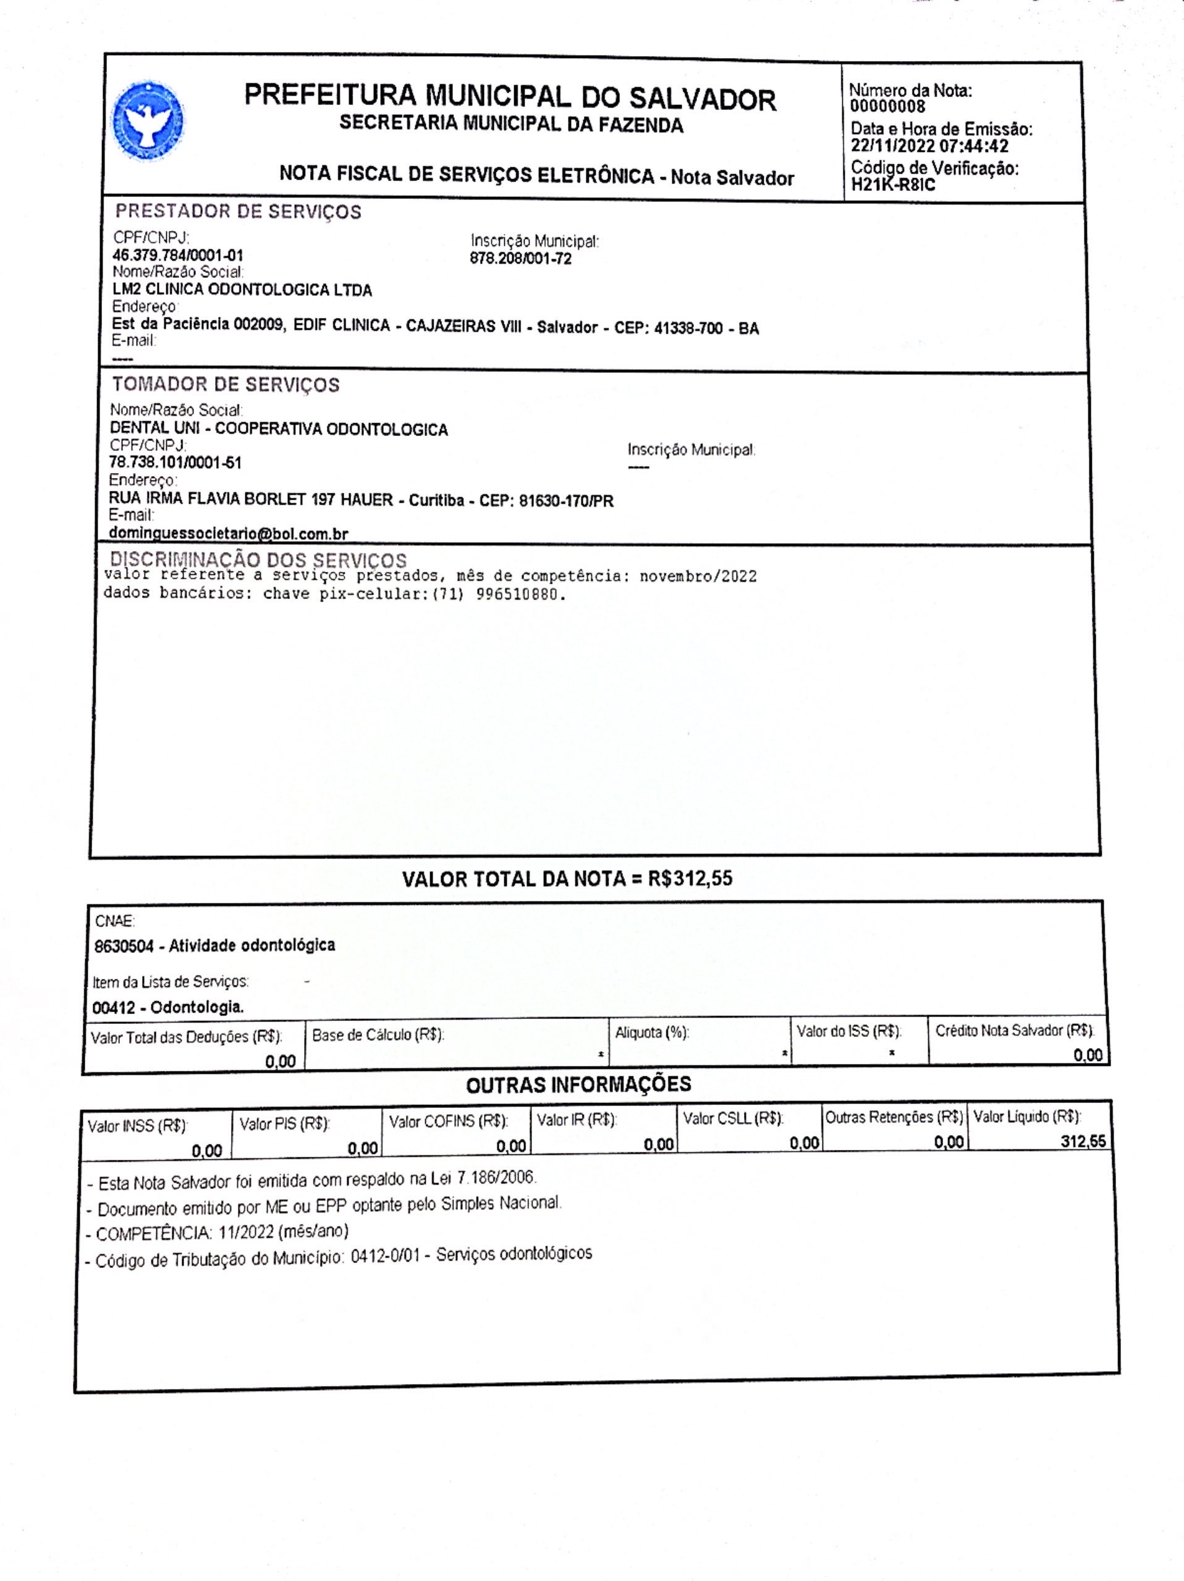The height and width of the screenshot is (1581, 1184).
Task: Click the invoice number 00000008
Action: (x=887, y=107)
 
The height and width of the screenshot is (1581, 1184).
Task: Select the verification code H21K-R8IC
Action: (x=893, y=186)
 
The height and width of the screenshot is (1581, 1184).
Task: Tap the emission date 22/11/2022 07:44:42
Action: (x=929, y=146)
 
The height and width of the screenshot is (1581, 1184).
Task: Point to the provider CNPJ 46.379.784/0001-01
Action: (x=178, y=256)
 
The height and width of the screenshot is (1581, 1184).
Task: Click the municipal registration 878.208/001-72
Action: (x=520, y=259)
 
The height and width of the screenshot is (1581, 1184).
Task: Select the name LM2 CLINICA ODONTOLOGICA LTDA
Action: (x=242, y=290)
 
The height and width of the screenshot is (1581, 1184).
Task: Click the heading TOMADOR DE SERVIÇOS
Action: (x=225, y=385)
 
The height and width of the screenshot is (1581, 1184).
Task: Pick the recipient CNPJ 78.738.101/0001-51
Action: (x=175, y=463)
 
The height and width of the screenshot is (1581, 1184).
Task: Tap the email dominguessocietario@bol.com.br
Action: (x=228, y=533)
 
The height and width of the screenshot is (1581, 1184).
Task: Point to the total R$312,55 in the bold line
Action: (x=690, y=878)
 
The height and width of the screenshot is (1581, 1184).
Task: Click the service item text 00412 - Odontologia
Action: (x=168, y=1008)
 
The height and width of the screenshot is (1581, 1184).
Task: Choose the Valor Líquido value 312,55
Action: (x=1083, y=1141)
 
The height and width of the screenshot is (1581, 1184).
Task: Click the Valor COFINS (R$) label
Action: (x=448, y=1122)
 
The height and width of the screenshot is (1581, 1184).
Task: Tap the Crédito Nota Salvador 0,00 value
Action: (x=1088, y=1055)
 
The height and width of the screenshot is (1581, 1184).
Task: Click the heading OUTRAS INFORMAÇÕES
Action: (x=578, y=1085)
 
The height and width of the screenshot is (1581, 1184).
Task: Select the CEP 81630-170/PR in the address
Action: (x=566, y=501)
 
